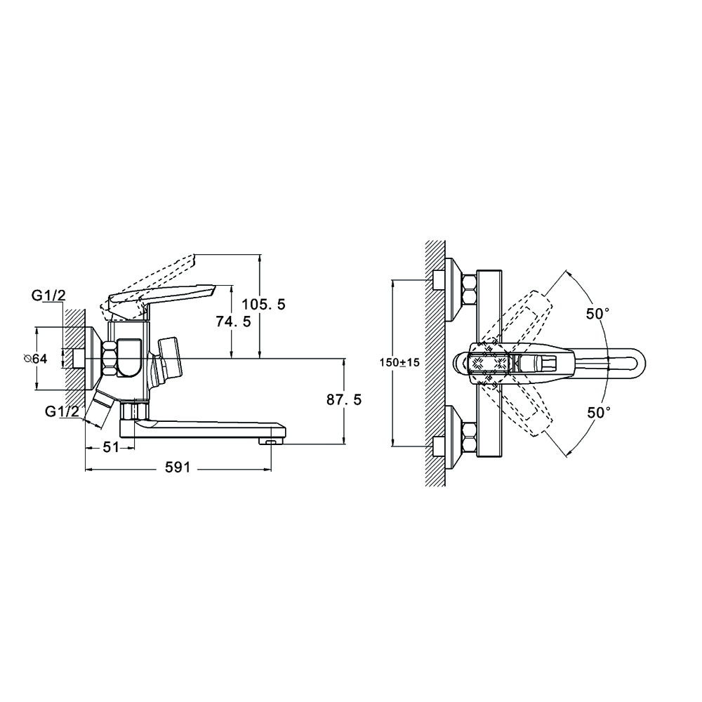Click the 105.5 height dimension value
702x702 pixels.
[x=263, y=305]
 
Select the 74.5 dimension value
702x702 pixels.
[x=233, y=322]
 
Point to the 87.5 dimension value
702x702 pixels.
[x=344, y=400]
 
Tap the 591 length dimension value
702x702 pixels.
[x=178, y=468]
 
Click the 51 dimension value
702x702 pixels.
[x=111, y=446]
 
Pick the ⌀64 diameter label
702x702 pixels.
[x=35, y=358]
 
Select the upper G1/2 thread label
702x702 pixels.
[x=48, y=295]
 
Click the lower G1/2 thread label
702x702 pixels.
[x=62, y=411]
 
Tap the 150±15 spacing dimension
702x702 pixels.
[x=400, y=362]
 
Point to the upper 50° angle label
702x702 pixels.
[x=598, y=314]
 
